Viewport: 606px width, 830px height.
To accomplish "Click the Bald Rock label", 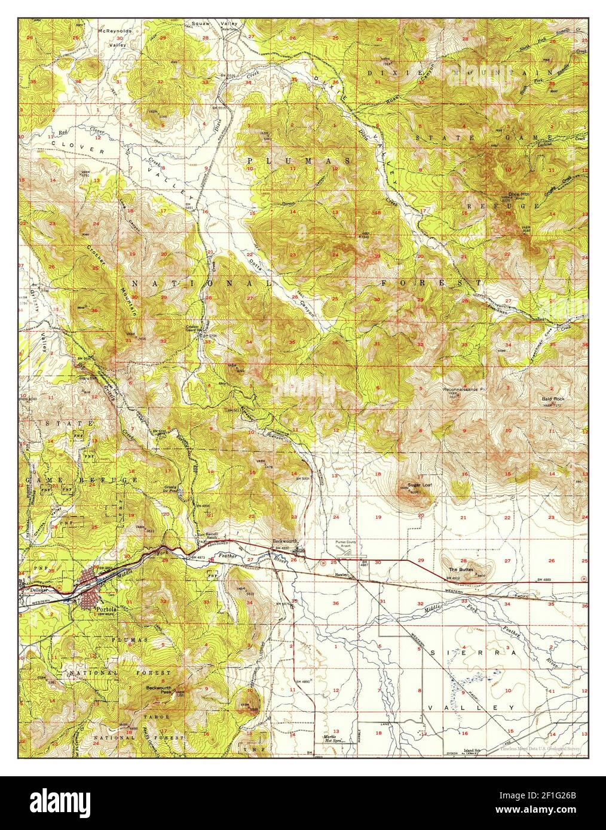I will (x=554, y=398).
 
